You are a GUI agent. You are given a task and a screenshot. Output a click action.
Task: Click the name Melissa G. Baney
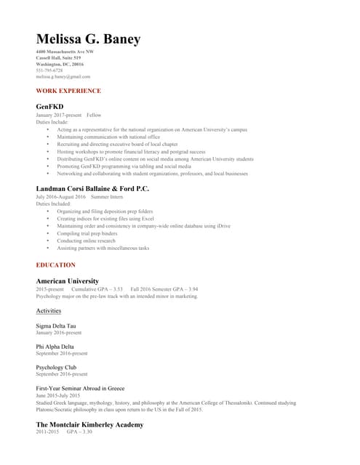pos(88,39)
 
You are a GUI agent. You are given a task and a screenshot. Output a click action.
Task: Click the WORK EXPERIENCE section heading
pos(68,91)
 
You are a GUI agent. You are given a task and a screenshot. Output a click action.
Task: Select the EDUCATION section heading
pos(55,265)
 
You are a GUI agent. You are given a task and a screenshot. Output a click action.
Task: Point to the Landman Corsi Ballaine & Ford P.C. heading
pos(92,188)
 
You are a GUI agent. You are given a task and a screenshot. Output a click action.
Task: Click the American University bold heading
pos(67,280)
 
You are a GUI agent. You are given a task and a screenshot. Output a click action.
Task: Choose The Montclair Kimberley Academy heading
pos(89,424)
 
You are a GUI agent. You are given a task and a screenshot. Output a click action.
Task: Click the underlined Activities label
pos(49,311)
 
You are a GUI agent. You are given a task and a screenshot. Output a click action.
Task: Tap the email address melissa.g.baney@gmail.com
pos(63,76)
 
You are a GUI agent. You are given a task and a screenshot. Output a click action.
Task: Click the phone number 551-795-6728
pos(49,70)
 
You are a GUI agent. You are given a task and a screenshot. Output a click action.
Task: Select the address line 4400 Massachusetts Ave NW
pos(65,52)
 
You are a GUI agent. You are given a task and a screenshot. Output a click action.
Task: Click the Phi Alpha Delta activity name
pos(55,347)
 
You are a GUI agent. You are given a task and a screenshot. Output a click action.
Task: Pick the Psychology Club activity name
pos(55,368)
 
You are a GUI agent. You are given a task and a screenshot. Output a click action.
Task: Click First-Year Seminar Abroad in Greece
pos(80,389)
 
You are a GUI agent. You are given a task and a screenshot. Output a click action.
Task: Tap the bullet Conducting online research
pos(86,240)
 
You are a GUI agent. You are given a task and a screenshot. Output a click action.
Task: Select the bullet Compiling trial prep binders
pos(87,233)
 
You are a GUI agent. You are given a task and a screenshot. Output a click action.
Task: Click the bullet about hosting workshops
pos(131,152)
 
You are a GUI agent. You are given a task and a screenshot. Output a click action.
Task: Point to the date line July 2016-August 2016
pos(60,197)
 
